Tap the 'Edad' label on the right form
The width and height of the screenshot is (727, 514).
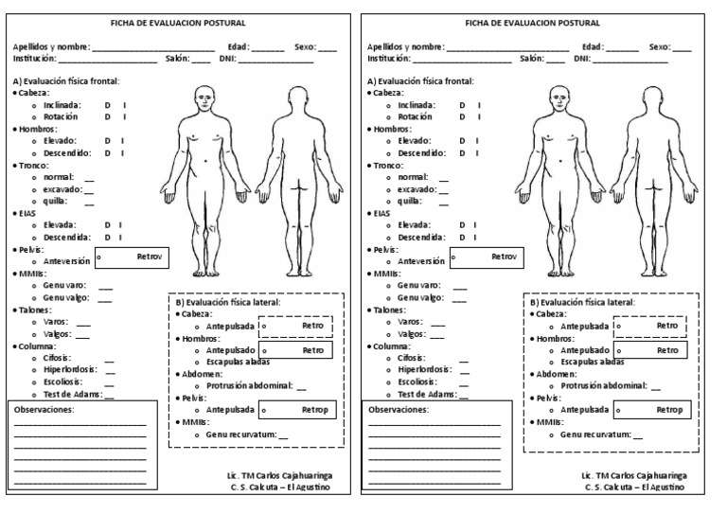point(593,46)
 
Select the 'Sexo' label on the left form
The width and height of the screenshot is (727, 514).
point(305,46)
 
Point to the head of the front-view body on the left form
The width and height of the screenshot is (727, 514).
point(205,97)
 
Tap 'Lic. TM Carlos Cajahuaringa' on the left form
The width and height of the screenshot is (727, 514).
point(280,474)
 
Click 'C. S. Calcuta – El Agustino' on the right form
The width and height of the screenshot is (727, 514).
point(635,487)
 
